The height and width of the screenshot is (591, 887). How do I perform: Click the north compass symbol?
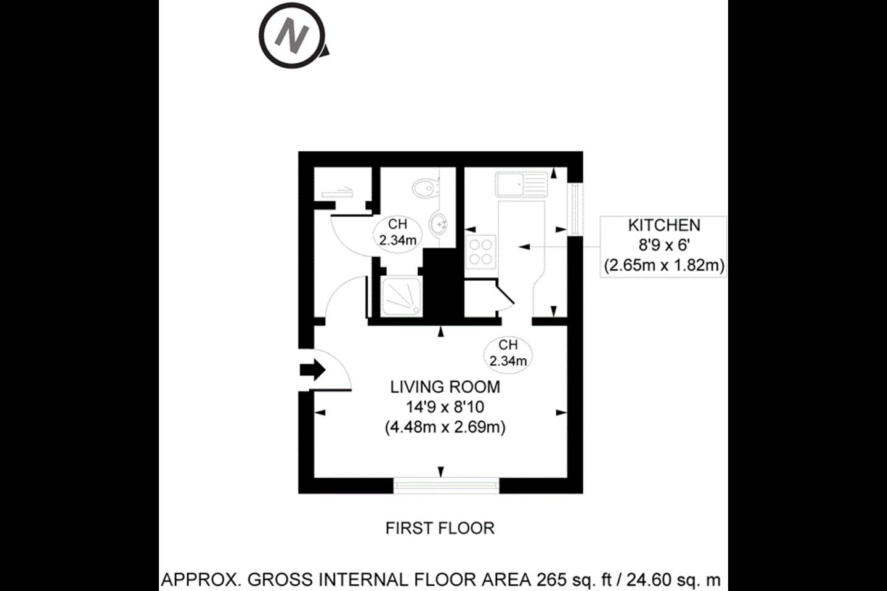click(293, 36)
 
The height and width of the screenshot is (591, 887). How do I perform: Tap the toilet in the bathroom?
click(426, 188)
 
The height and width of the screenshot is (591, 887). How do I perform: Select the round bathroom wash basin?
click(439, 224)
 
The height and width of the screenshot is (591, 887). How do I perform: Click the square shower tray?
click(402, 297)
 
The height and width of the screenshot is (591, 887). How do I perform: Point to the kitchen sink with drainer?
click(520, 184)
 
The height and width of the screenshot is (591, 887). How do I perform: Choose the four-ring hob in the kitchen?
click(480, 252)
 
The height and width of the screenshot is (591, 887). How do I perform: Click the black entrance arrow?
click(313, 370)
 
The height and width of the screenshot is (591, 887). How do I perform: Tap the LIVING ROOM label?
click(445, 387)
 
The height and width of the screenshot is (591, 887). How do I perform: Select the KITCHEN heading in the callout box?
click(664, 225)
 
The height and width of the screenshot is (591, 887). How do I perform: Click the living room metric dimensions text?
click(445, 427)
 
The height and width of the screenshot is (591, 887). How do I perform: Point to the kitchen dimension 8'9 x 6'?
click(664, 246)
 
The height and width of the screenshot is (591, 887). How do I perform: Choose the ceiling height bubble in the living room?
click(508, 355)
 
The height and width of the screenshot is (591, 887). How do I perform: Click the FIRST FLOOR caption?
click(440, 528)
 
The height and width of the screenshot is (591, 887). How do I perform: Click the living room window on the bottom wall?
click(446, 486)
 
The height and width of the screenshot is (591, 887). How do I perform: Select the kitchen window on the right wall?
click(575, 209)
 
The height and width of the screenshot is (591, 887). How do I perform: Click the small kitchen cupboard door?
click(505, 292)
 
